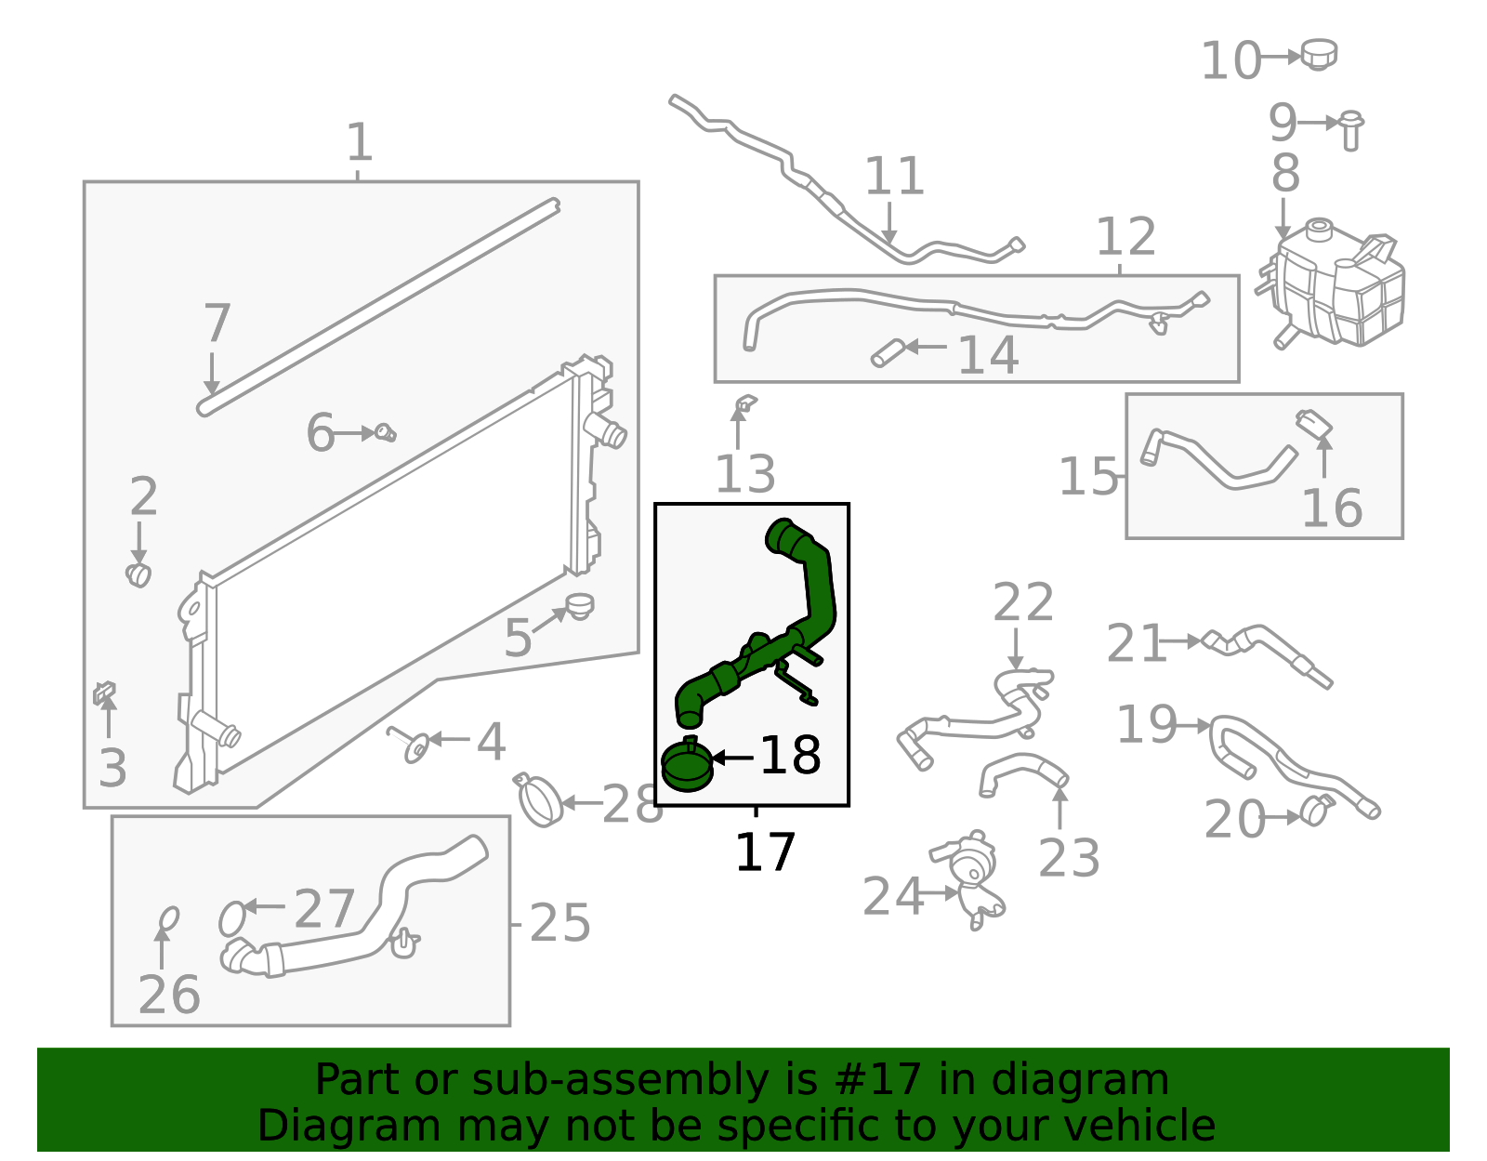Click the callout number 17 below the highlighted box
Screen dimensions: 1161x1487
point(764,852)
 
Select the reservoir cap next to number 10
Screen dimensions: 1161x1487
point(1318,54)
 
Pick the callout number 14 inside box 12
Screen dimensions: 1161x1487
point(987,356)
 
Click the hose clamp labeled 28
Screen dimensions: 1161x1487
point(539,799)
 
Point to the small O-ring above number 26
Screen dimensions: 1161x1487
point(168,918)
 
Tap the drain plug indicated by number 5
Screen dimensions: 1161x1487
point(579,606)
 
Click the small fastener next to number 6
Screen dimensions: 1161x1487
point(385,432)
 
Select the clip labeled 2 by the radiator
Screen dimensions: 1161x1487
point(138,574)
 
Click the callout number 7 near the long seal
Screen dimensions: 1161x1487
point(217,323)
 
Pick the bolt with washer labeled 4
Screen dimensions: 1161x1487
point(411,745)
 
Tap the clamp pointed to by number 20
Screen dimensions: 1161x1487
point(1315,810)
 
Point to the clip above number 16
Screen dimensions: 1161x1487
point(1314,424)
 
